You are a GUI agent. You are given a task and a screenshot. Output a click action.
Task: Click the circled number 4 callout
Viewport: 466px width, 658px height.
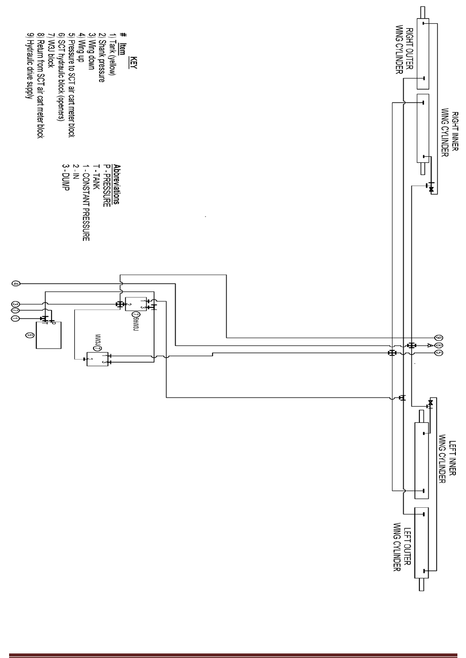pyautogui.click(x=16, y=284)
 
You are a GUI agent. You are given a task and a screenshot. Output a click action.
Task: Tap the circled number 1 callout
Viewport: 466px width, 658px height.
pyautogui.click(x=16, y=319)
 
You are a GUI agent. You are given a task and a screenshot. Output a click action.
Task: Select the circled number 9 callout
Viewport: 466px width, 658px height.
pyautogui.click(x=439, y=337)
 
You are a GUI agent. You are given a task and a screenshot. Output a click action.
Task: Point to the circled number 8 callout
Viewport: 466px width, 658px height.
pyautogui.click(x=439, y=345)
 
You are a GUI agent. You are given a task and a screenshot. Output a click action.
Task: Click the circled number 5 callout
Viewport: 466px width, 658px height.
pyautogui.click(x=439, y=353)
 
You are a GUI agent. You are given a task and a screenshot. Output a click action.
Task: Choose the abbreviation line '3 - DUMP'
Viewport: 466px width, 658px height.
pyautogui.click(x=65, y=180)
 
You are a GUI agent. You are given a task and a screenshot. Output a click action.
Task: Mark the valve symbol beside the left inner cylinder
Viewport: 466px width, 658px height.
pyautogui.click(x=431, y=403)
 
